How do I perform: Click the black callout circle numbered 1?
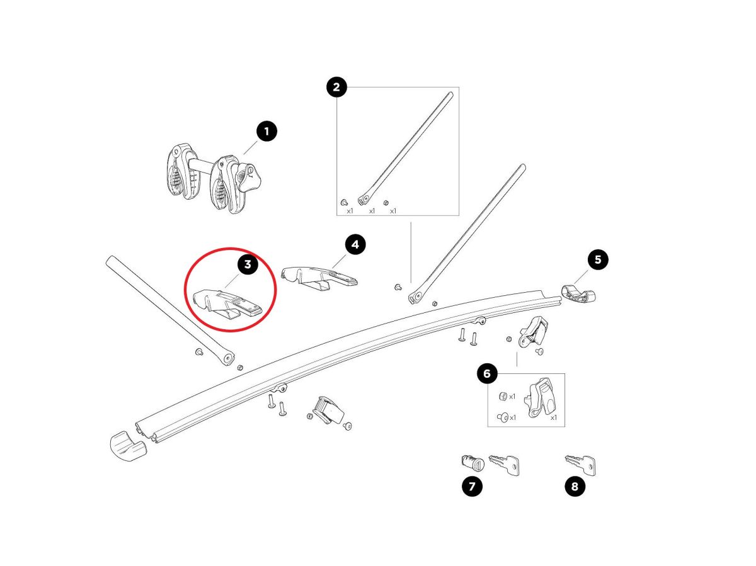click(266, 131)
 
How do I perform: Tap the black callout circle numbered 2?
click(336, 87)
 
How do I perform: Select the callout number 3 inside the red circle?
click(248, 264)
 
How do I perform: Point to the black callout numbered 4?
click(355, 244)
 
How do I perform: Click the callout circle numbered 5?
click(598, 259)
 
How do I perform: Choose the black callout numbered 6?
click(487, 373)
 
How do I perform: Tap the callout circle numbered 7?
click(472, 486)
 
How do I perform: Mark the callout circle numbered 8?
click(575, 486)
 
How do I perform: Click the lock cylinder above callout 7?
click(472, 463)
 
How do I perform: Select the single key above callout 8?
click(581, 465)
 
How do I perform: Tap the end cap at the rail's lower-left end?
click(127, 446)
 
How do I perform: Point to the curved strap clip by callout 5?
click(578, 293)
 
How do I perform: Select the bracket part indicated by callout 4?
click(319, 276)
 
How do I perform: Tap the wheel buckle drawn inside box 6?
click(539, 398)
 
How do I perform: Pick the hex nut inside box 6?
click(502, 397)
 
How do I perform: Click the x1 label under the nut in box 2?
click(393, 211)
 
